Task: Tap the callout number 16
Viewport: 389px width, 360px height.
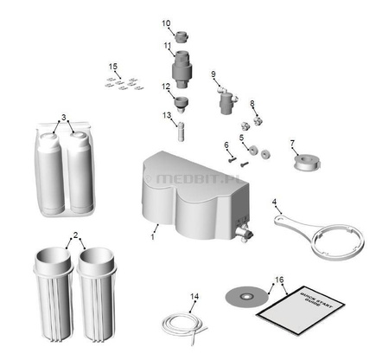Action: click(x=277, y=280)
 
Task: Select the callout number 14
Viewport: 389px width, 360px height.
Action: click(x=194, y=297)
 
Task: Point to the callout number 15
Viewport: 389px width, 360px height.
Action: click(x=112, y=66)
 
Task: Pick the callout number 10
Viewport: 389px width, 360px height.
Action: click(x=167, y=23)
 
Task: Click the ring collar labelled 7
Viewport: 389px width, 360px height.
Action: click(x=307, y=161)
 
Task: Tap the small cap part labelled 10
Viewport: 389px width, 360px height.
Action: click(x=182, y=37)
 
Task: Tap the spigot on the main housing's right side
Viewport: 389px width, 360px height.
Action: click(x=244, y=231)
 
